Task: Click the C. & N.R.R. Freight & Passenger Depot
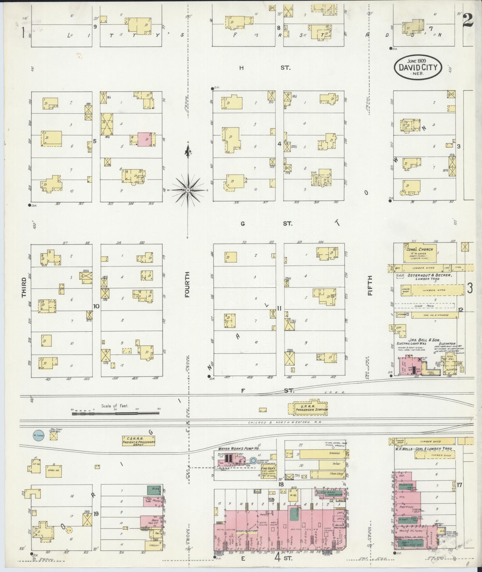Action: point(139,441)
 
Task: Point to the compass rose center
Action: point(188,190)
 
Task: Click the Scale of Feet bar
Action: point(115,414)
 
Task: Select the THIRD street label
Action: point(24,288)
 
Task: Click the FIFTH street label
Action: point(370,286)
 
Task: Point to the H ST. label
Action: point(263,68)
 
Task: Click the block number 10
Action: point(96,306)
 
